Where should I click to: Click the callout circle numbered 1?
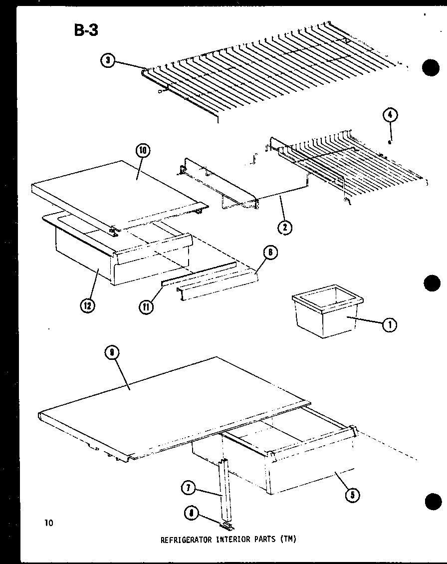390,325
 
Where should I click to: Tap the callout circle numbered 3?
107,61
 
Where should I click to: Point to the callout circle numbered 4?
390,115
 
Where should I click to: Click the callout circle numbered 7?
188,488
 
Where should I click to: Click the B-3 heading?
86,30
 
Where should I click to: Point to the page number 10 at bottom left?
48,523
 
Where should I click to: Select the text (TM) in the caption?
287,539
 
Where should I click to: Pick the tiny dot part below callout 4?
390,141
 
